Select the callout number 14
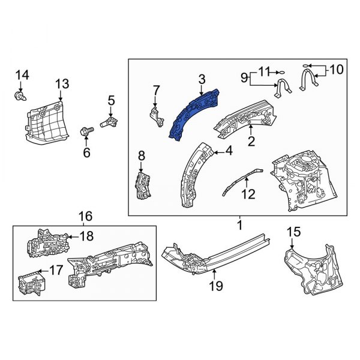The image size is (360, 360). [22, 74]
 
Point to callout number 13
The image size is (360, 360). [62, 83]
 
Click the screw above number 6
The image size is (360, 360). [86, 128]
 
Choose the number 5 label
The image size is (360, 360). [111, 100]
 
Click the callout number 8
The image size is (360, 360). [142, 156]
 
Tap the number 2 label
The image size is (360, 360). [252, 142]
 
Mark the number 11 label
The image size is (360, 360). [264, 70]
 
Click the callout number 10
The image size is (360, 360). [336, 70]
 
